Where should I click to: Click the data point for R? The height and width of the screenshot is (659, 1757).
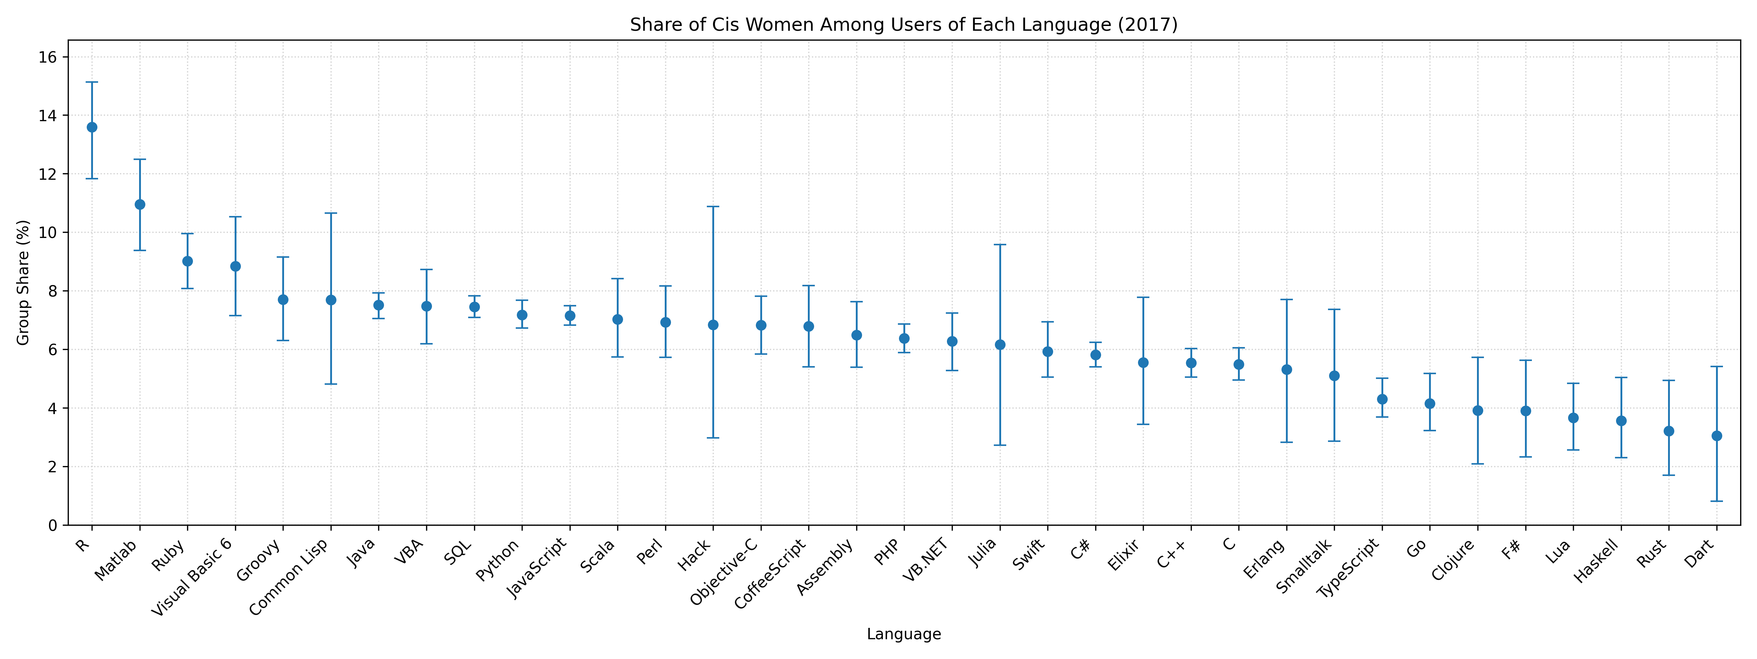[x=92, y=127]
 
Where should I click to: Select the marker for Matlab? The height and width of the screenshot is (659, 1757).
[x=140, y=204]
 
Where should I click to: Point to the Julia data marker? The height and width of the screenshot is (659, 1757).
[x=1000, y=345]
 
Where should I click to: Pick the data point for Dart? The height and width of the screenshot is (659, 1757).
[x=1717, y=435]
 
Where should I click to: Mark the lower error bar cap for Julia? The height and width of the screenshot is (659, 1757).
[x=1000, y=445]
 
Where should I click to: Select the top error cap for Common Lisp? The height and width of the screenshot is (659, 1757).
[x=331, y=213]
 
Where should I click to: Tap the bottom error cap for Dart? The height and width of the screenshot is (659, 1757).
[x=1717, y=501]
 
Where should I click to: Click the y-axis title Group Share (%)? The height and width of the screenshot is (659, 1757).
[x=23, y=282]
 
